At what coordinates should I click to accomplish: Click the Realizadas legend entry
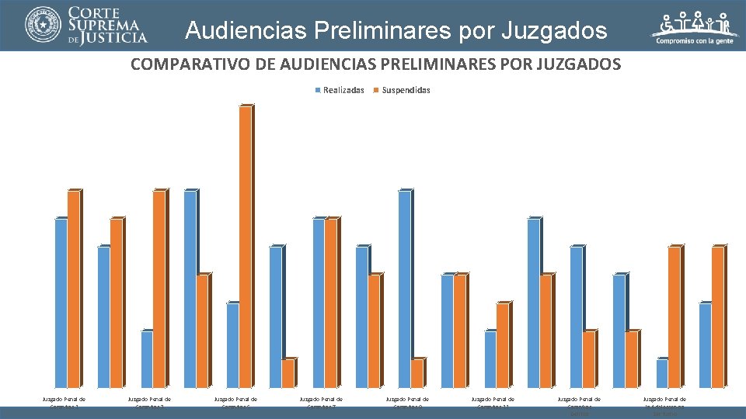click(x=340, y=90)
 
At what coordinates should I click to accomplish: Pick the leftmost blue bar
click(x=61, y=303)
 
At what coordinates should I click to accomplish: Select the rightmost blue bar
click(x=705, y=345)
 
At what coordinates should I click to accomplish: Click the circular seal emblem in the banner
click(x=43, y=25)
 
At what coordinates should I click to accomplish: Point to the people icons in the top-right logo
click(x=695, y=23)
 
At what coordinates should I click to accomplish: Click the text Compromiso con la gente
click(x=695, y=42)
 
